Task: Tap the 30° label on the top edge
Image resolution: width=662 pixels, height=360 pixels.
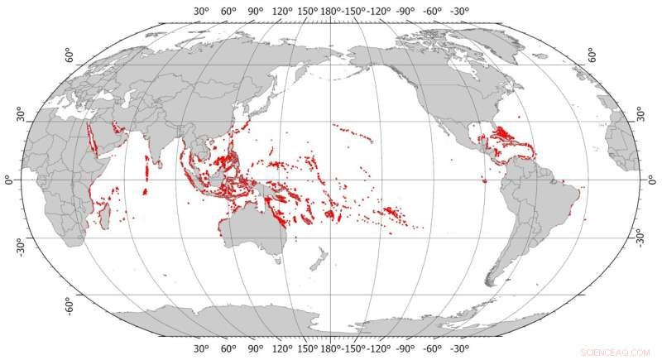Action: coord(202,11)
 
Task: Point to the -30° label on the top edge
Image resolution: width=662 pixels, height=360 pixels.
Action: coord(461,11)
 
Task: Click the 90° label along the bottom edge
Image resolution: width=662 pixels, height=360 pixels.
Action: coord(256,349)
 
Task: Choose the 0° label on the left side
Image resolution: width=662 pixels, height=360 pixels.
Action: coord(11,180)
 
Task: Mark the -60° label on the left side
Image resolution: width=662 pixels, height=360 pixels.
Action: coord(70,304)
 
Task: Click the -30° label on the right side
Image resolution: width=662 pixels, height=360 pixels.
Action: coord(639,238)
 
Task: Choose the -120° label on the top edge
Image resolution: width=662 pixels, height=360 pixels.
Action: coord(382,11)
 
